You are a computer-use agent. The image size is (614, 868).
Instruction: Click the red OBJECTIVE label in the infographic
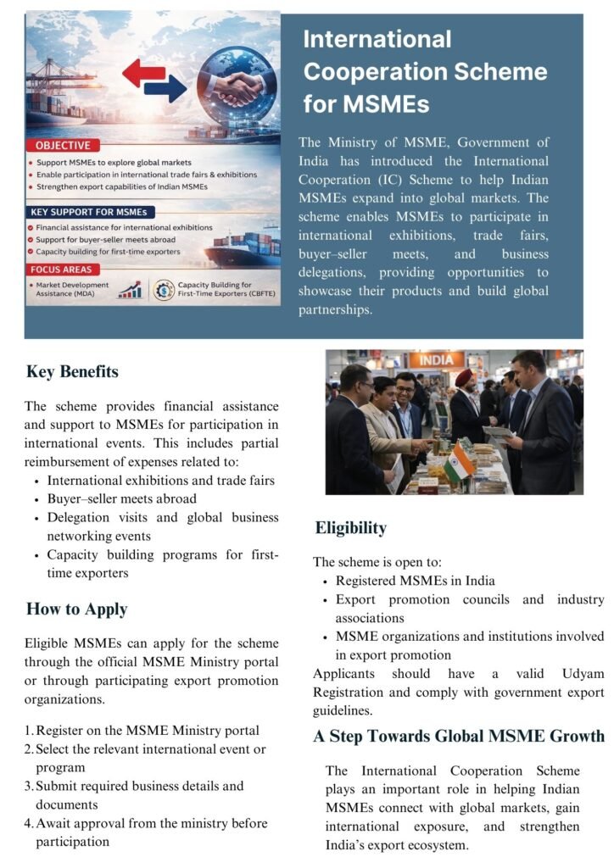point(63,146)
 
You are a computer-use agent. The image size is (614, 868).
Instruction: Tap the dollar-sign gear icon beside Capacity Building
point(162,291)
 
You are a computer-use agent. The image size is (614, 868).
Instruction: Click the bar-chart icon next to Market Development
point(131,291)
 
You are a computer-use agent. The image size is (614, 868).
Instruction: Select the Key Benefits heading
point(72,372)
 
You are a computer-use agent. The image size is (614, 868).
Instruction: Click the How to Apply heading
point(76,609)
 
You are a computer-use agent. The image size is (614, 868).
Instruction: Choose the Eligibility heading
point(350,528)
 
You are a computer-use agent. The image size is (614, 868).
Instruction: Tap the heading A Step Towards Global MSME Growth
point(459,736)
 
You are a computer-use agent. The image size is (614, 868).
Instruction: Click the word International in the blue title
point(377,39)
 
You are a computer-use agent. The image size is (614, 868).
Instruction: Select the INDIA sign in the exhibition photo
point(437,360)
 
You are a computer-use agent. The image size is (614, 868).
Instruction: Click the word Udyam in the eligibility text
point(583,673)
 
